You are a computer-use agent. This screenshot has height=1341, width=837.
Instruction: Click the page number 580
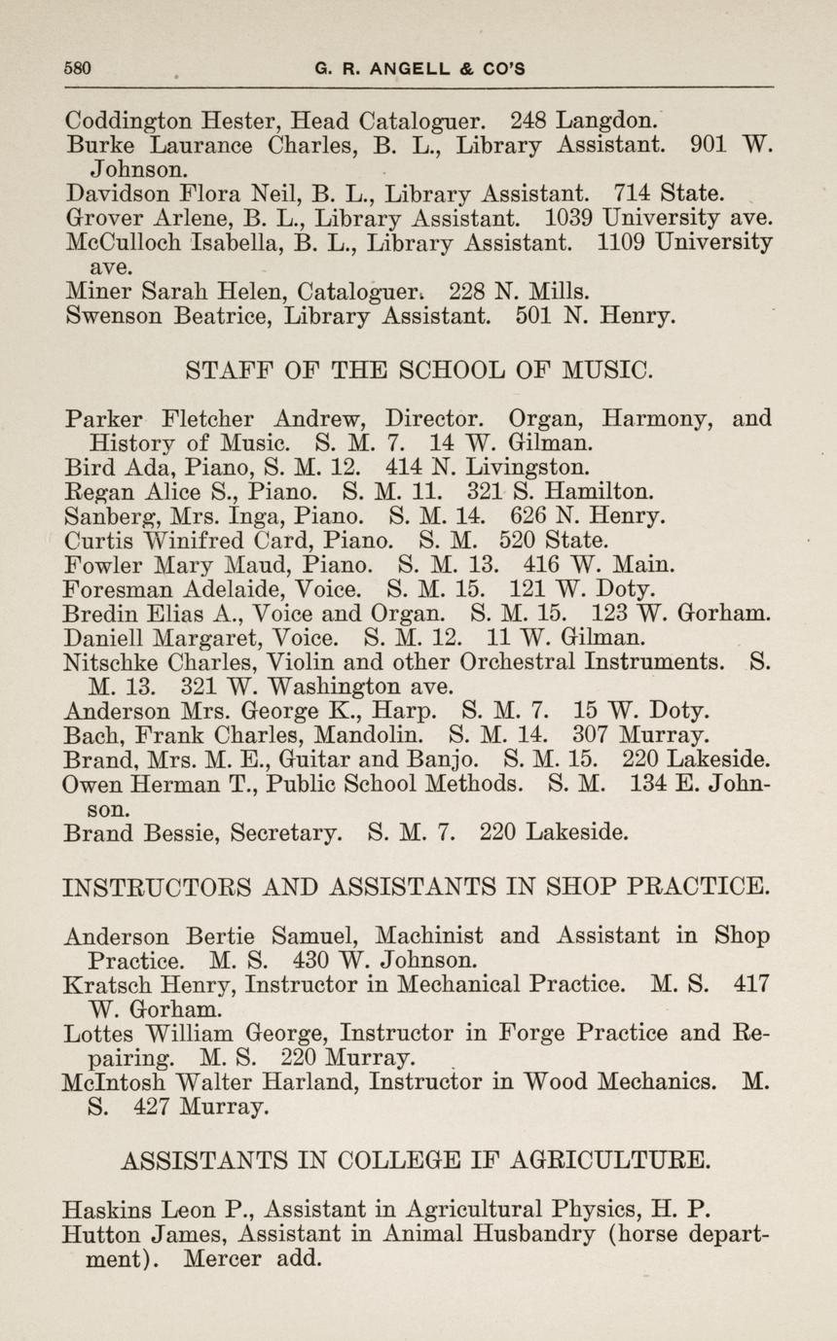77,69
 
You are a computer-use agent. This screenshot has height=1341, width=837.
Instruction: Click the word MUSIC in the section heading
604,371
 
